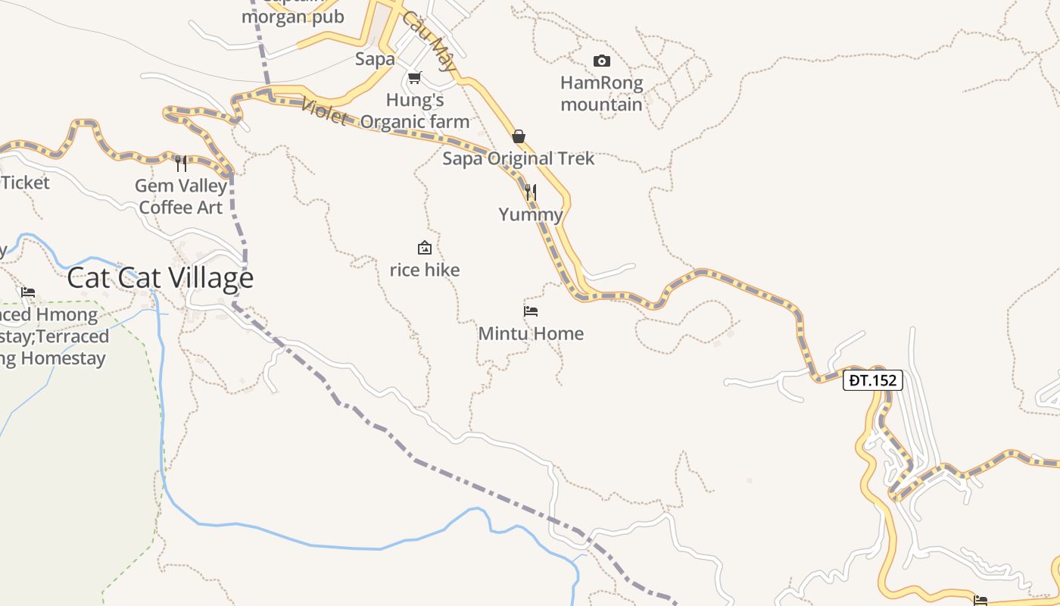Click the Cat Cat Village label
point(160,278)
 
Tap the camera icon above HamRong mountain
point(602,61)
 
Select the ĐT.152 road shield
point(873,380)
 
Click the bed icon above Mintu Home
point(531,311)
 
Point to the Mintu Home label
point(531,333)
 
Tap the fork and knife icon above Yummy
point(531,192)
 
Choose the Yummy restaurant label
point(531,214)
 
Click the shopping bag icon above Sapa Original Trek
point(519,136)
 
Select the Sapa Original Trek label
point(519,158)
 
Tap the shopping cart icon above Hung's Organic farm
point(414,78)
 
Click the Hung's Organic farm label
point(415,111)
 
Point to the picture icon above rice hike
point(425,248)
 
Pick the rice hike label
point(425,270)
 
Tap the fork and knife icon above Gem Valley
point(181,164)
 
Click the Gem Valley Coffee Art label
point(182,196)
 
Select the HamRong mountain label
point(602,93)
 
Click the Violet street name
point(324,112)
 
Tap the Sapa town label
point(376,59)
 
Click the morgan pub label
point(293,17)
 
